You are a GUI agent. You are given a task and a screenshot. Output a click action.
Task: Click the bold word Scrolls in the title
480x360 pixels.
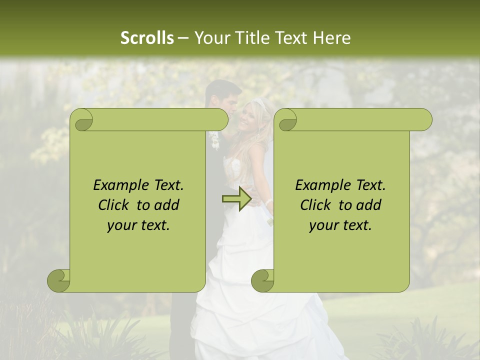(147, 37)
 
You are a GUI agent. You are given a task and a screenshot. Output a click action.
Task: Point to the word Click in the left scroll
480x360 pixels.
(114, 205)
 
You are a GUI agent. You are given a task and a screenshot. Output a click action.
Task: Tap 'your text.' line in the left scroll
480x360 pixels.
(138, 225)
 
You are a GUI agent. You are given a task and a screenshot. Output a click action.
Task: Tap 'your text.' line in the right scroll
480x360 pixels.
(340, 225)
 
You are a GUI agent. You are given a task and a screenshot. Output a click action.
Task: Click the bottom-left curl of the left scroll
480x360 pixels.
(59, 280)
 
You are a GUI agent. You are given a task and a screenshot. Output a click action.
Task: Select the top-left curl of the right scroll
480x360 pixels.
(286, 120)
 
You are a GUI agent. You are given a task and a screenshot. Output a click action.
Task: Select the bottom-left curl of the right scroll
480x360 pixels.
(262, 280)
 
